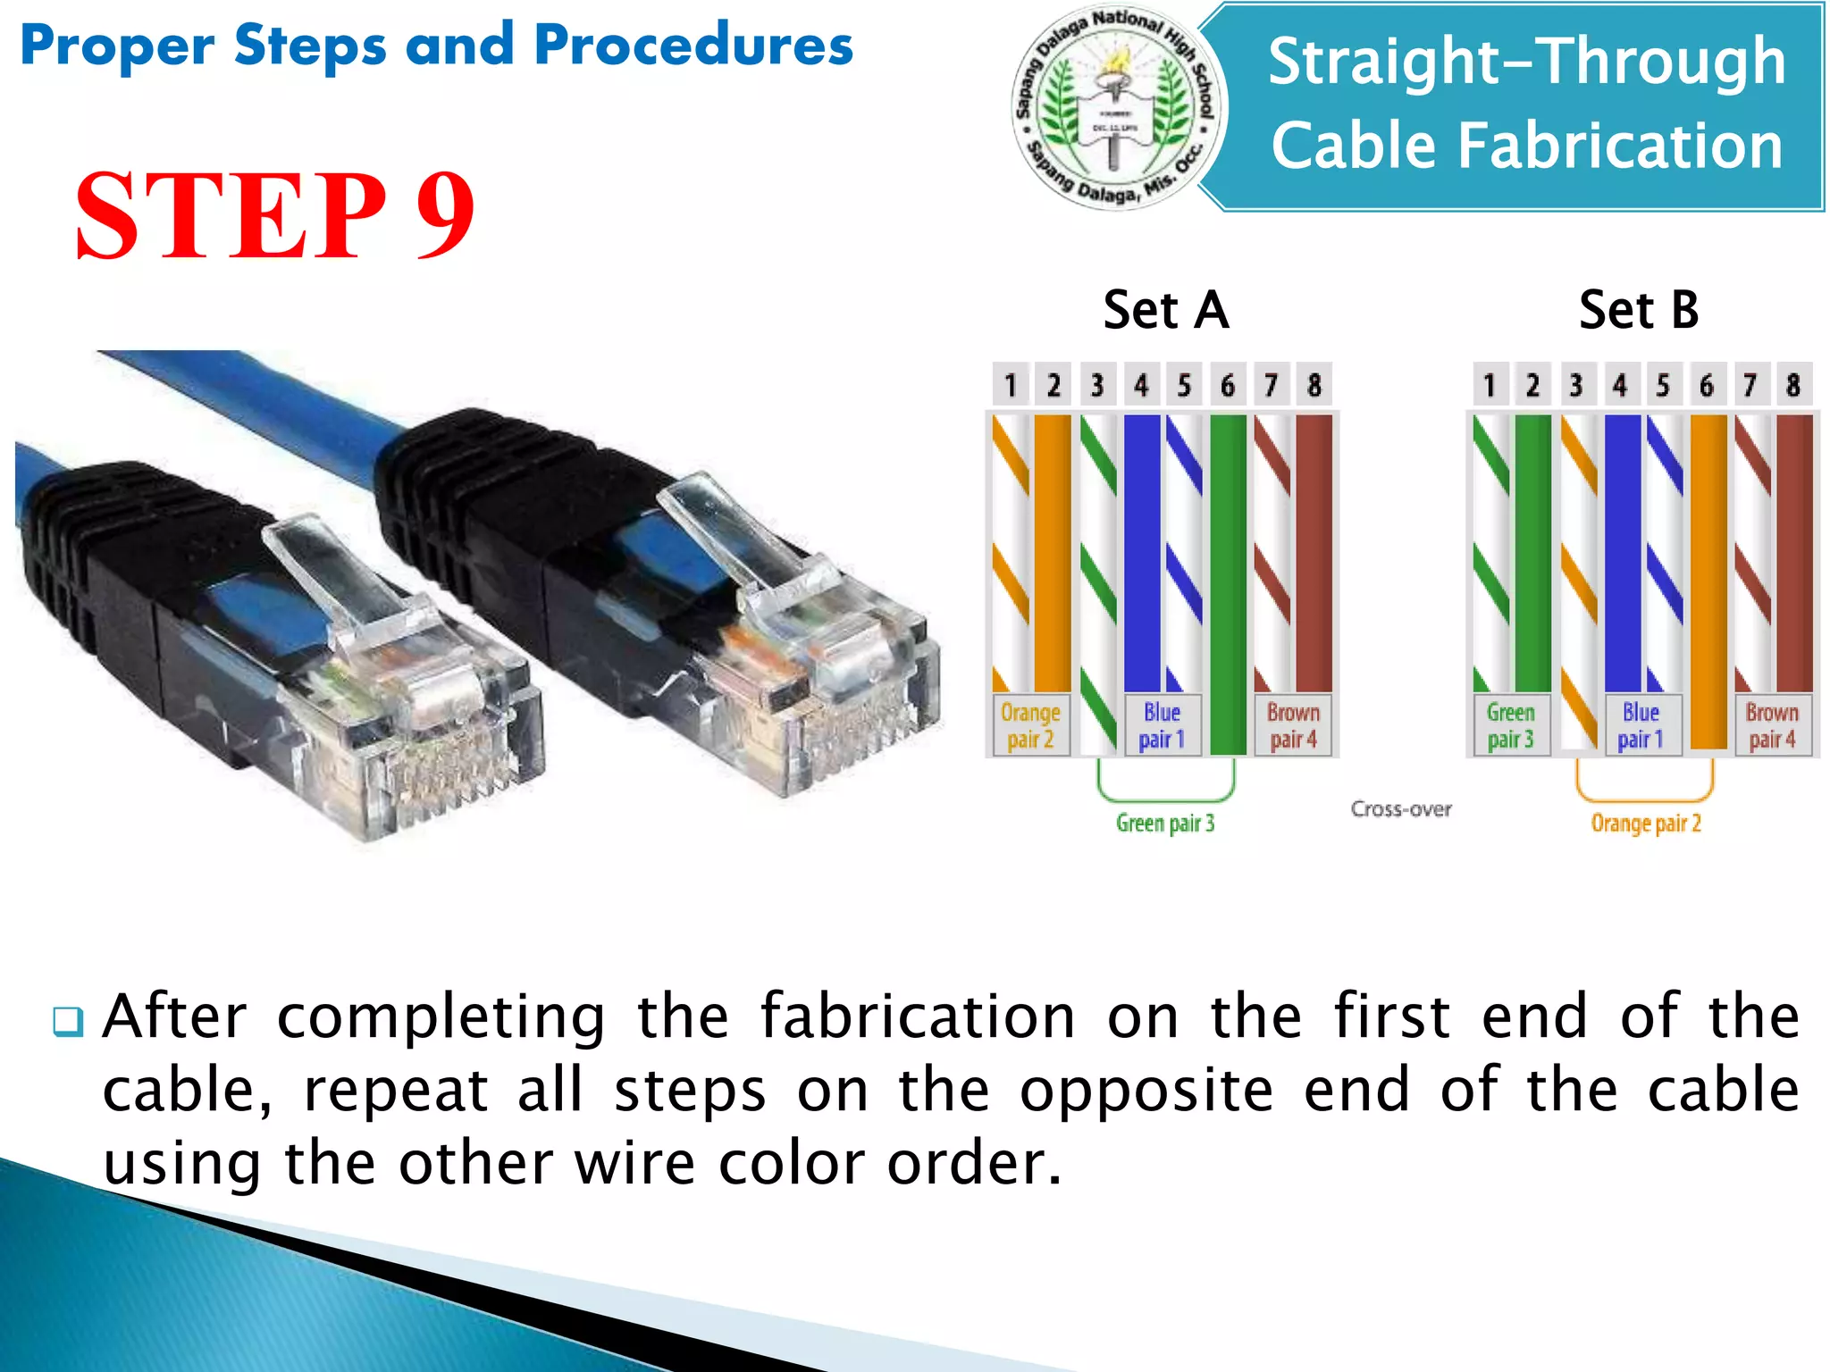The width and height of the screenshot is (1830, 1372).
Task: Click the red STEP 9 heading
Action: (x=274, y=217)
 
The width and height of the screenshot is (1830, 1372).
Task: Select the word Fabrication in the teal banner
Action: (x=1526, y=146)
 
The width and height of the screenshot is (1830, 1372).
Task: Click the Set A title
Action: (x=1165, y=310)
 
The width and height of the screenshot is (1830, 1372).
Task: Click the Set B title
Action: (x=1638, y=310)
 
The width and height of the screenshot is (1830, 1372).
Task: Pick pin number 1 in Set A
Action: (x=1011, y=385)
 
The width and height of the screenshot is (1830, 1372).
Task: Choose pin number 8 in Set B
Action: (x=1792, y=385)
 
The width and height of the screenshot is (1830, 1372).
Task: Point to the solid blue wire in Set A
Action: (x=1141, y=554)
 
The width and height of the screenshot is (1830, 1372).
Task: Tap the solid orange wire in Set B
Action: (x=1708, y=581)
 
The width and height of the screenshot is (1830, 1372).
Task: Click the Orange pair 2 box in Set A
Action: (x=1030, y=725)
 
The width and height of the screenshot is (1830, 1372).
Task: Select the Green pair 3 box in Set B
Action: (x=1510, y=725)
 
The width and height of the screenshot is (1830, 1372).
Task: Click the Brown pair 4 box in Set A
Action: (x=1293, y=725)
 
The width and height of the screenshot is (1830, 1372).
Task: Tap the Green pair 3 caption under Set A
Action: (x=1164, y=823)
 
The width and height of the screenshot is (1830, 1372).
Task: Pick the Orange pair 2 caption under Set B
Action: (x=1645, y=823)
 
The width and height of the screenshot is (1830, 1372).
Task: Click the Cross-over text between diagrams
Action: (x=1400, y=808)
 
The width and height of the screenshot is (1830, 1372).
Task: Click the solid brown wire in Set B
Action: (x=1794, y=554)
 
